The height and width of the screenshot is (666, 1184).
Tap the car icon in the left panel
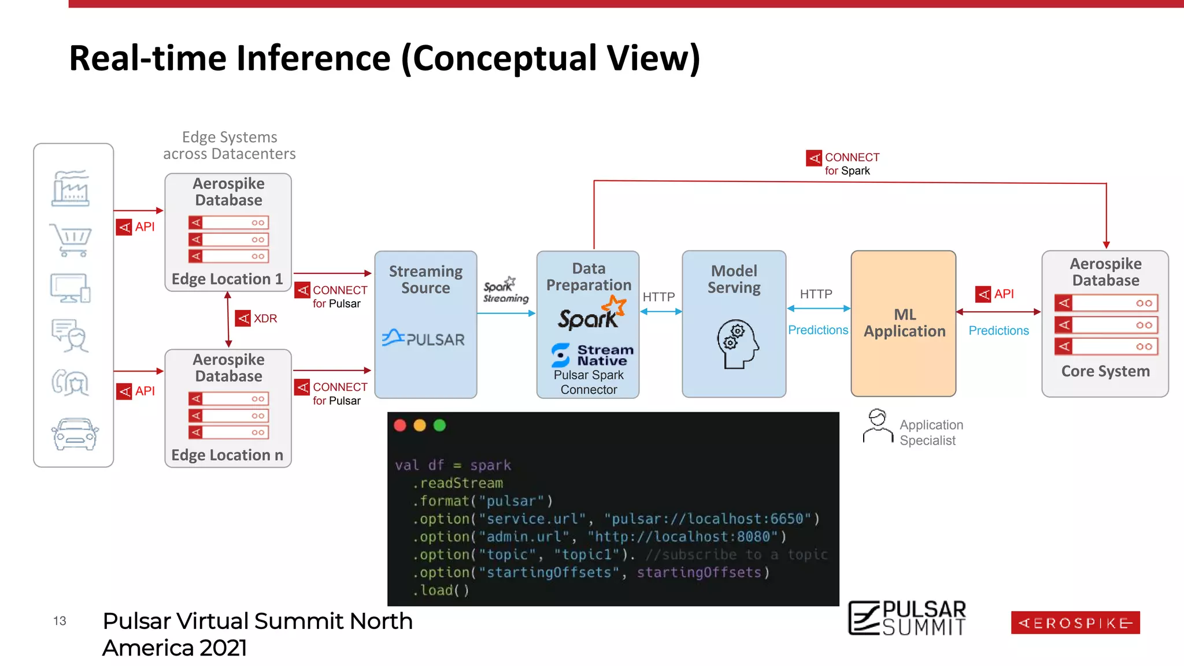75,434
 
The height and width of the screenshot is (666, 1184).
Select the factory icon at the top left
71,188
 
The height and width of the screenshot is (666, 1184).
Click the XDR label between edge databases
265,319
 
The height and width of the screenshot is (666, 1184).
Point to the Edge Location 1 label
227,279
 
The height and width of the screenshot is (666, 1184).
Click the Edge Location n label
227,456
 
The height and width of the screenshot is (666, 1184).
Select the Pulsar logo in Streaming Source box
424,339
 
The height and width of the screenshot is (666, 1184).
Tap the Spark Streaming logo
505,290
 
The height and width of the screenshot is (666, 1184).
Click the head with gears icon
737,343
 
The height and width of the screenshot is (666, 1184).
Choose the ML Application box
904,324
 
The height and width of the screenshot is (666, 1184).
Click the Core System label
1105,371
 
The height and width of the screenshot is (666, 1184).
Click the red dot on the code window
400,425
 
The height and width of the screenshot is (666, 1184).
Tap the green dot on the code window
439,425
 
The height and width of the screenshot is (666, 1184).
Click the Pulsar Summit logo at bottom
906,618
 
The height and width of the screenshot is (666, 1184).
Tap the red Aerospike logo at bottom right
1075,623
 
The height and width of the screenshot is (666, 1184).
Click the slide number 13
60,621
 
